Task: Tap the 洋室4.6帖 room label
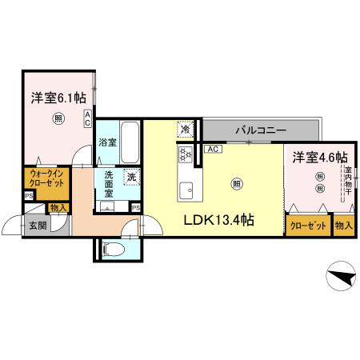click(x=318, y=157)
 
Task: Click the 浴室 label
click(x=107, y=142)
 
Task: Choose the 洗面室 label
click(x=105, y=187)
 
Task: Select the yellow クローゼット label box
click(x=308, y=226)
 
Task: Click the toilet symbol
click(x=114, y=249)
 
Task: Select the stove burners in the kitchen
click(x=185, y=154)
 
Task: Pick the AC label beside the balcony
click(x=213, y=149)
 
